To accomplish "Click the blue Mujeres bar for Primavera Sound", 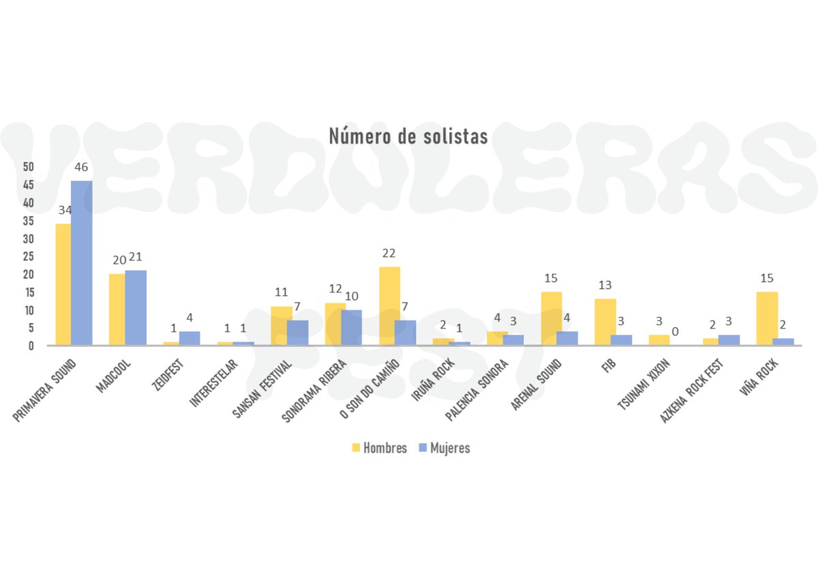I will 82,262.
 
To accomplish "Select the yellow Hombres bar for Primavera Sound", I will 63,284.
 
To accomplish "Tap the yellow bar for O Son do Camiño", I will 389,306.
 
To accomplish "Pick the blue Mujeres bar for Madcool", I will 136,307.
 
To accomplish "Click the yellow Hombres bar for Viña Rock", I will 767,318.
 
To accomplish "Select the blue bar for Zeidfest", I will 190,338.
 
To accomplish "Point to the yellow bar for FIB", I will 605,322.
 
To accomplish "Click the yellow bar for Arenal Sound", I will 551,318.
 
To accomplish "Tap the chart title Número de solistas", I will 408,136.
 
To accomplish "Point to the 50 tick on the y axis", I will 28,167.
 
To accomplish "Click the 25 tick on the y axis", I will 28,256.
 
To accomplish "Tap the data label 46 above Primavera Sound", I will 82,167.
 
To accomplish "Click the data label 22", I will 389,253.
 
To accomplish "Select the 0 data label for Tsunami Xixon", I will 675,331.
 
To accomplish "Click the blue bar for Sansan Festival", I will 297,333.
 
